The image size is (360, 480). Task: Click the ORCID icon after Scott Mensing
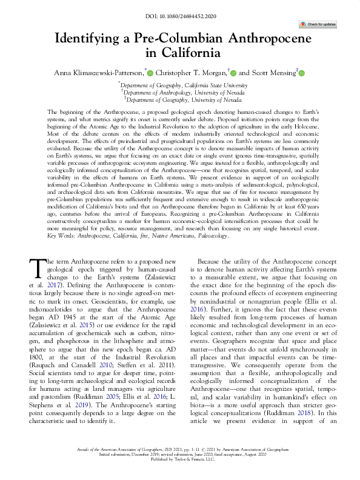tap(301, 73)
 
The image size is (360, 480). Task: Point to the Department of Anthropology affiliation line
tap(180, 93)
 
